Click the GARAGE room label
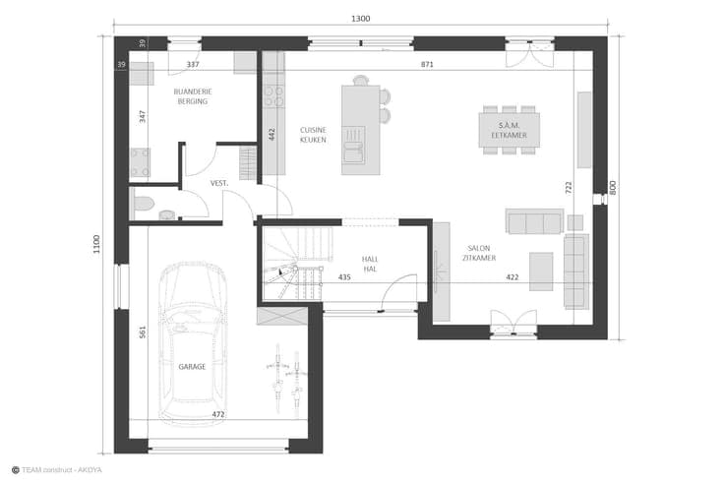pyautogui.click(x=192, y=367)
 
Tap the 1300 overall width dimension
pyautogui.click(x=361, y=19)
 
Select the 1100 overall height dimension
pyautogui.click(x=96, y=244)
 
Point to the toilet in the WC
pyautogui.click(x=144, y=203)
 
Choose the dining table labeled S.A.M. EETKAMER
pyautogui.click(x=509, y=130)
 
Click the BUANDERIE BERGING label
pyautogui.click(x=193, y=96)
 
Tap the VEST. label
pyautogui.click(x=219, y=183)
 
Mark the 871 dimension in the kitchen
pyautogui.click(x=427, y=65)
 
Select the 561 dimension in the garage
pyautogui.click(x=143, y=332)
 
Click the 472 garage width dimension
pyautogui.click(x=218, y=415)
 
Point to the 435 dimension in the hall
pyautogui.click(x=344, y=277)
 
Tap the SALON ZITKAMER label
pyautogui.click(x=479, y=253)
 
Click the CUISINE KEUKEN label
pyautogui.click(x=313, y=135)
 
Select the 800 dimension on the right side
pyautogui.click(x=613, y=188)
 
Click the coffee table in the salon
pyautogui.click(x=541, y=272)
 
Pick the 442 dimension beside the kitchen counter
pyautogui.click(x=271, y=135)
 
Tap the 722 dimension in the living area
pyautogui.click(x=569, y=188)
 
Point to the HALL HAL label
pyautogui.click(x=370, y=265)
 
